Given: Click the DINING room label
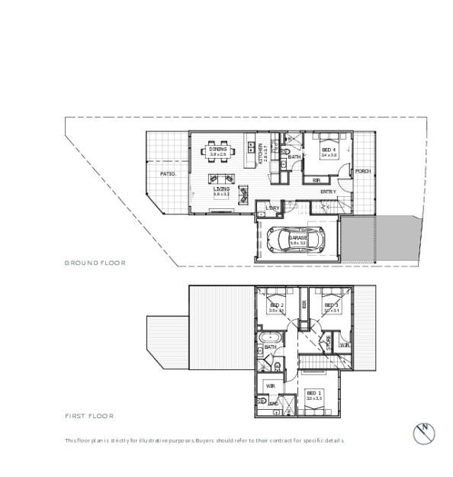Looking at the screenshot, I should (218, 150).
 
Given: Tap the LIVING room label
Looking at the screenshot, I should (221, 189).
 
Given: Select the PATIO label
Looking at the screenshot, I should (168, 174).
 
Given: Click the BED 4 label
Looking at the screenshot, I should (329, 150).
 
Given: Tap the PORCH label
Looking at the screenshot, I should (362, 171).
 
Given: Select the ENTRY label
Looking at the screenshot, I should (328, 192).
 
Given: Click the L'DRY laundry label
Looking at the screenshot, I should (271, 208).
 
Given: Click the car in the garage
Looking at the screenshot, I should (296, 241).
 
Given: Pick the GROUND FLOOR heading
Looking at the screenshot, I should (95, 263).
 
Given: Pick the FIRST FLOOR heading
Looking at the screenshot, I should (88, 416).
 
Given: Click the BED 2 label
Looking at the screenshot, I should (276, 305).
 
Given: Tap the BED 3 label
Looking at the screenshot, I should (331, 305).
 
